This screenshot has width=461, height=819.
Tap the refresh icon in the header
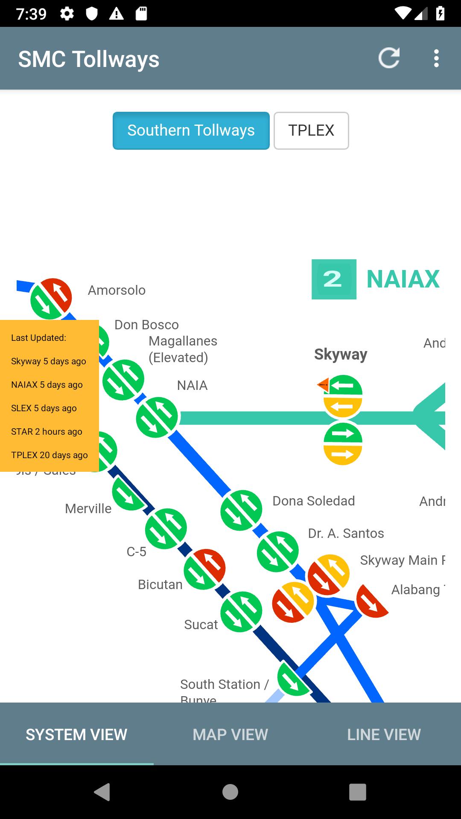pos(389,58)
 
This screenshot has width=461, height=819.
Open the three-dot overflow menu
pos(436,58)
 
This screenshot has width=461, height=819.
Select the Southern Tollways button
pos(191,131)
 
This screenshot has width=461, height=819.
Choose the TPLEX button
pos(311,131)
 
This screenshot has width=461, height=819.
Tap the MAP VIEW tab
pos(230,735)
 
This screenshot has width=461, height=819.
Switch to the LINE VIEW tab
pos(384,735)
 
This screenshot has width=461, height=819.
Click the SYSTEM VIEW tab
pos(76,735)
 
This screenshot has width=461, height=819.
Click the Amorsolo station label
pos(117,290)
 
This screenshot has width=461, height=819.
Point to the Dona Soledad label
pos(313,501)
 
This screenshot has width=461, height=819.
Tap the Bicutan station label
pos(160,584)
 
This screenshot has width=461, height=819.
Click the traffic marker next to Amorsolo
pos(51,299)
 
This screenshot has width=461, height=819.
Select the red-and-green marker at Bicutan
pos(204,569)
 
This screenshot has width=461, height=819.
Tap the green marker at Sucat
pos(241,612)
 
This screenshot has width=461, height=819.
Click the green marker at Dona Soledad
pos(241,510)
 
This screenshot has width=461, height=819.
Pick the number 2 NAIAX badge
pos(334,279)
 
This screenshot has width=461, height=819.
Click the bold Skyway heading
pos(341,354)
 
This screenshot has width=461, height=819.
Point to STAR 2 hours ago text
pos(47,432)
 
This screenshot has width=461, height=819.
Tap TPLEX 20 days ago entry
pos(50,455)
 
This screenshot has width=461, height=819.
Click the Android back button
pos(102,792)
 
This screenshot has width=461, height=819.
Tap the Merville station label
pos(88,508)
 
